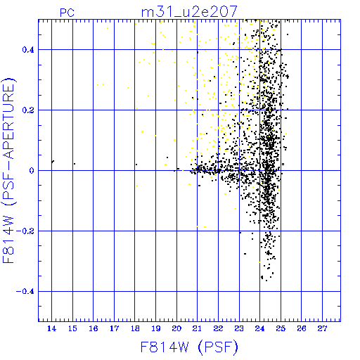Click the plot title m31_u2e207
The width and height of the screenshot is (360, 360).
pos(189,12)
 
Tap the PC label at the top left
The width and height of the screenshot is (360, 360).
pos(67,13)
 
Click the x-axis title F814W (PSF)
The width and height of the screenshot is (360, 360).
pos(189,347)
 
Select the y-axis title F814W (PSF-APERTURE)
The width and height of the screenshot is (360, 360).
pos(9,170)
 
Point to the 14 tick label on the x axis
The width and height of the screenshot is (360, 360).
pos(51,328)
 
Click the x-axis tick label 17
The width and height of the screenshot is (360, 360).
pos(114,328)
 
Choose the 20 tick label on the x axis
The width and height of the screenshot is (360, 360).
pos(176,328)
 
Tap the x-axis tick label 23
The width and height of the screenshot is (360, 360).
pos(239,328)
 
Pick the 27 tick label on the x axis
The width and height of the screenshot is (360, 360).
pos(322,328)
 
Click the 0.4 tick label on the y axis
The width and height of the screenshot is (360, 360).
pos(28,50)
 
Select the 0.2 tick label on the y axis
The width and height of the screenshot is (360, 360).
pos(28,110)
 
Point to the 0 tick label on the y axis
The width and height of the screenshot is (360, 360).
pos(32,171)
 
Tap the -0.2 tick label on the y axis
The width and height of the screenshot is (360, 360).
pos(25,231)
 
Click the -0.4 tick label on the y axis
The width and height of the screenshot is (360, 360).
pos(25,292)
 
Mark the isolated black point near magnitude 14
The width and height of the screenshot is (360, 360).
pos(53,162)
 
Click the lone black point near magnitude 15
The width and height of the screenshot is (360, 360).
pos(75,164)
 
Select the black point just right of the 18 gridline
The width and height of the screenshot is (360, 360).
pos(136,165)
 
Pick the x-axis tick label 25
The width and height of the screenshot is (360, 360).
pos(281,328)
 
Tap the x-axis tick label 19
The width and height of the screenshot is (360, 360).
pos(156,328)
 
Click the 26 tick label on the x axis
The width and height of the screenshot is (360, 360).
pos(302,328)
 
